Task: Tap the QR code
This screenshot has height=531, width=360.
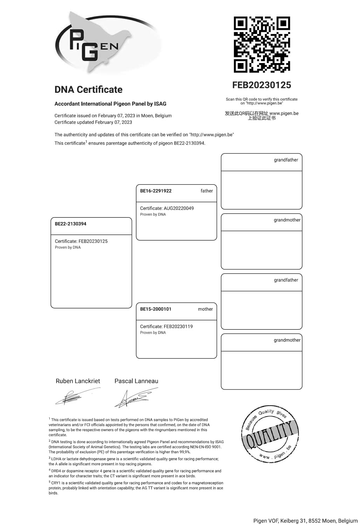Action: point(262,44)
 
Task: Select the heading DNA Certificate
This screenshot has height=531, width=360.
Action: point(88,90)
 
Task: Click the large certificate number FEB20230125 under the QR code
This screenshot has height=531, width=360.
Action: point(261,85)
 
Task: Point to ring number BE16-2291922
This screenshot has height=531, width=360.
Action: point(156,191)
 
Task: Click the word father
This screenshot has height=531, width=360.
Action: point(206,191)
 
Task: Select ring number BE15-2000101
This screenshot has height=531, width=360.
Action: point(156,309)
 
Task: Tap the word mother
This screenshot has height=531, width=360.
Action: point(205,309)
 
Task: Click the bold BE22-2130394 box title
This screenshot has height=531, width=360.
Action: point(70,224)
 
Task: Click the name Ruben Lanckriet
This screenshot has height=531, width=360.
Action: point(78,381)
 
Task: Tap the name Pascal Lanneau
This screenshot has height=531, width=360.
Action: point(136,381)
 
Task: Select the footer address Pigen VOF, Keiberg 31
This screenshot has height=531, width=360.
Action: point(305,521)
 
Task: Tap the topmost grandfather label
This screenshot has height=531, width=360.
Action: point(286,160)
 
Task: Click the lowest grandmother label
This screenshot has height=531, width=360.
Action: point(287,340)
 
